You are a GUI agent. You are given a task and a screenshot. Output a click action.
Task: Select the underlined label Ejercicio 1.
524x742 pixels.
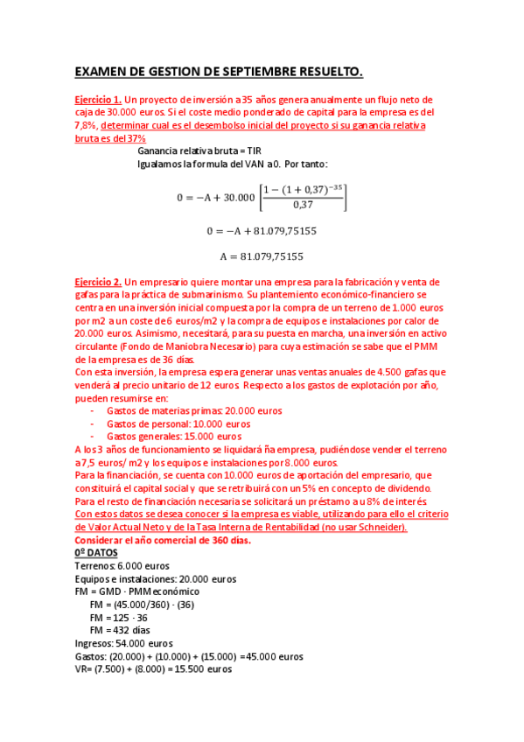(97, 101)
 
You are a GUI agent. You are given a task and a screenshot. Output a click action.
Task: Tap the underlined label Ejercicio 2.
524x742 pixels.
(97, 282)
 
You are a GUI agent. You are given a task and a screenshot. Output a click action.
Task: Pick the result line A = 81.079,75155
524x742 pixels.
(261, 256)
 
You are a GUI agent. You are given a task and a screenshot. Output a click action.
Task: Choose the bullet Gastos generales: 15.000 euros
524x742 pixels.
(173, 436)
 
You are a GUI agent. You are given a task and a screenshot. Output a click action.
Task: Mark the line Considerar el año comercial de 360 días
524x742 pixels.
(163, 540)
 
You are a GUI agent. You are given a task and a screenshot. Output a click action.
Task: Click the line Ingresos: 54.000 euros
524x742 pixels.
(123, 643)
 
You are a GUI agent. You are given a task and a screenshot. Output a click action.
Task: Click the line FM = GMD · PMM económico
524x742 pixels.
(137, 591)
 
